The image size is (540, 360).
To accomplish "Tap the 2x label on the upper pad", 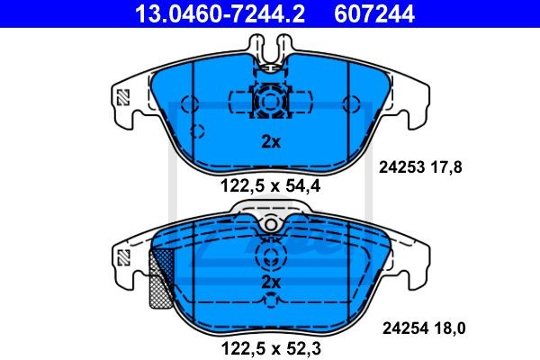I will tap(271, 141).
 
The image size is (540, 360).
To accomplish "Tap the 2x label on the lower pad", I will tap(271, 283).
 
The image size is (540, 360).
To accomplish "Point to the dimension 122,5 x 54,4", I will tap(270, 186).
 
